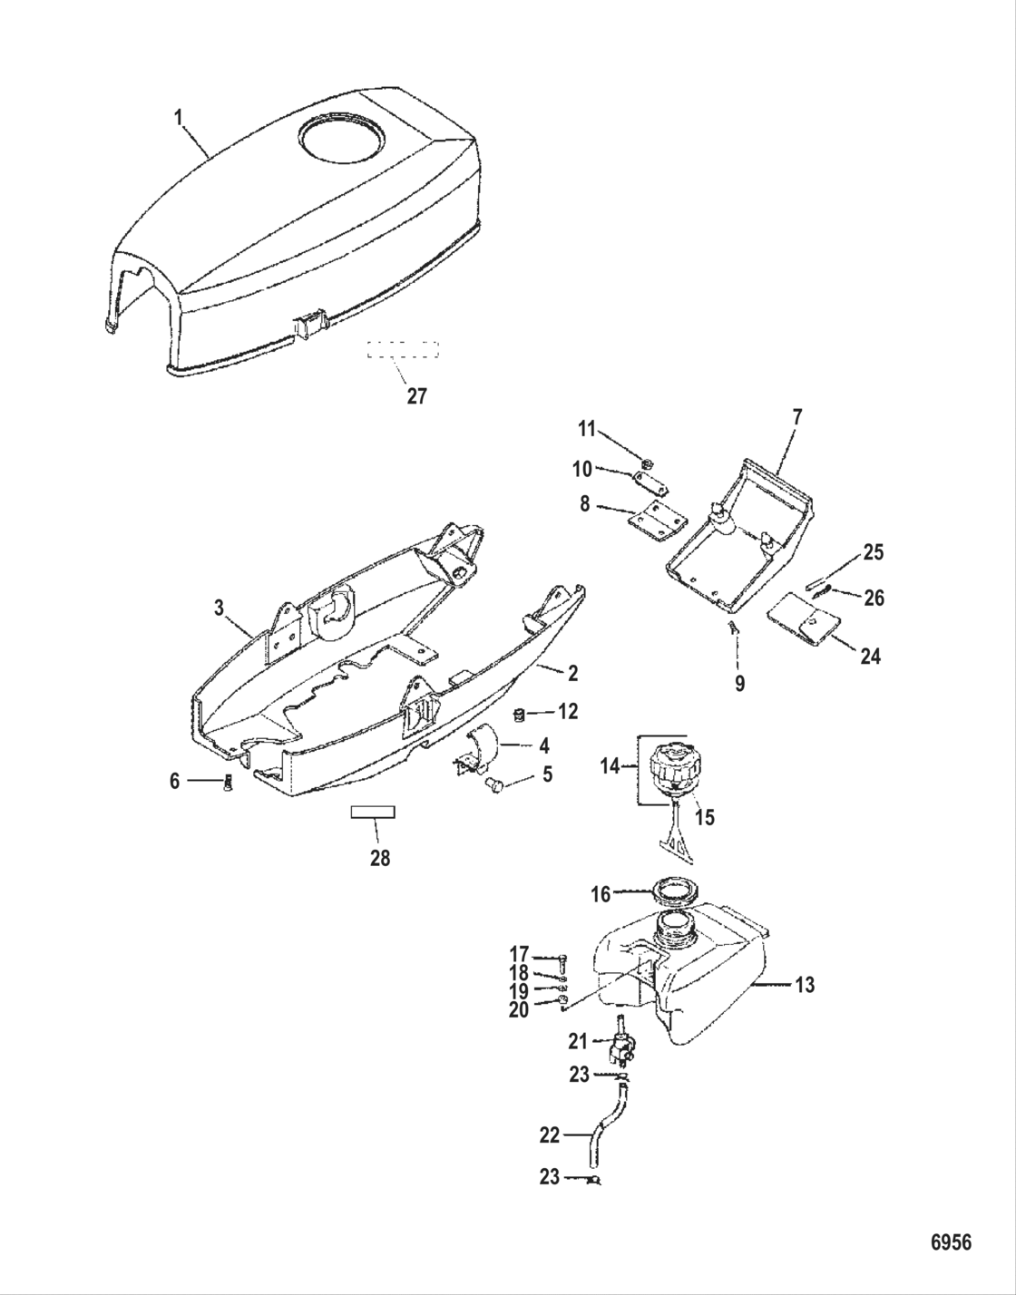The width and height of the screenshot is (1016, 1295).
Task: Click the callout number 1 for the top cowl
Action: (x=179, y=117)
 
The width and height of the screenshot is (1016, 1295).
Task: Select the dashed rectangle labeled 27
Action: (x=403, y=350)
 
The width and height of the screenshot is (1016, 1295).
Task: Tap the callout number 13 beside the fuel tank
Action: (x=805, y=985)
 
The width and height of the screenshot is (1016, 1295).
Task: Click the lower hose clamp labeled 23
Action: (x=594, y=1179)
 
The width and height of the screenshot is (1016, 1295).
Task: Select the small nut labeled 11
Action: (x=648, y=464)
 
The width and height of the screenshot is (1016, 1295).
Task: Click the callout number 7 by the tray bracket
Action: (x=796, y=418)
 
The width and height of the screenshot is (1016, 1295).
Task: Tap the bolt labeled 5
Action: (x=496, y=784)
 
